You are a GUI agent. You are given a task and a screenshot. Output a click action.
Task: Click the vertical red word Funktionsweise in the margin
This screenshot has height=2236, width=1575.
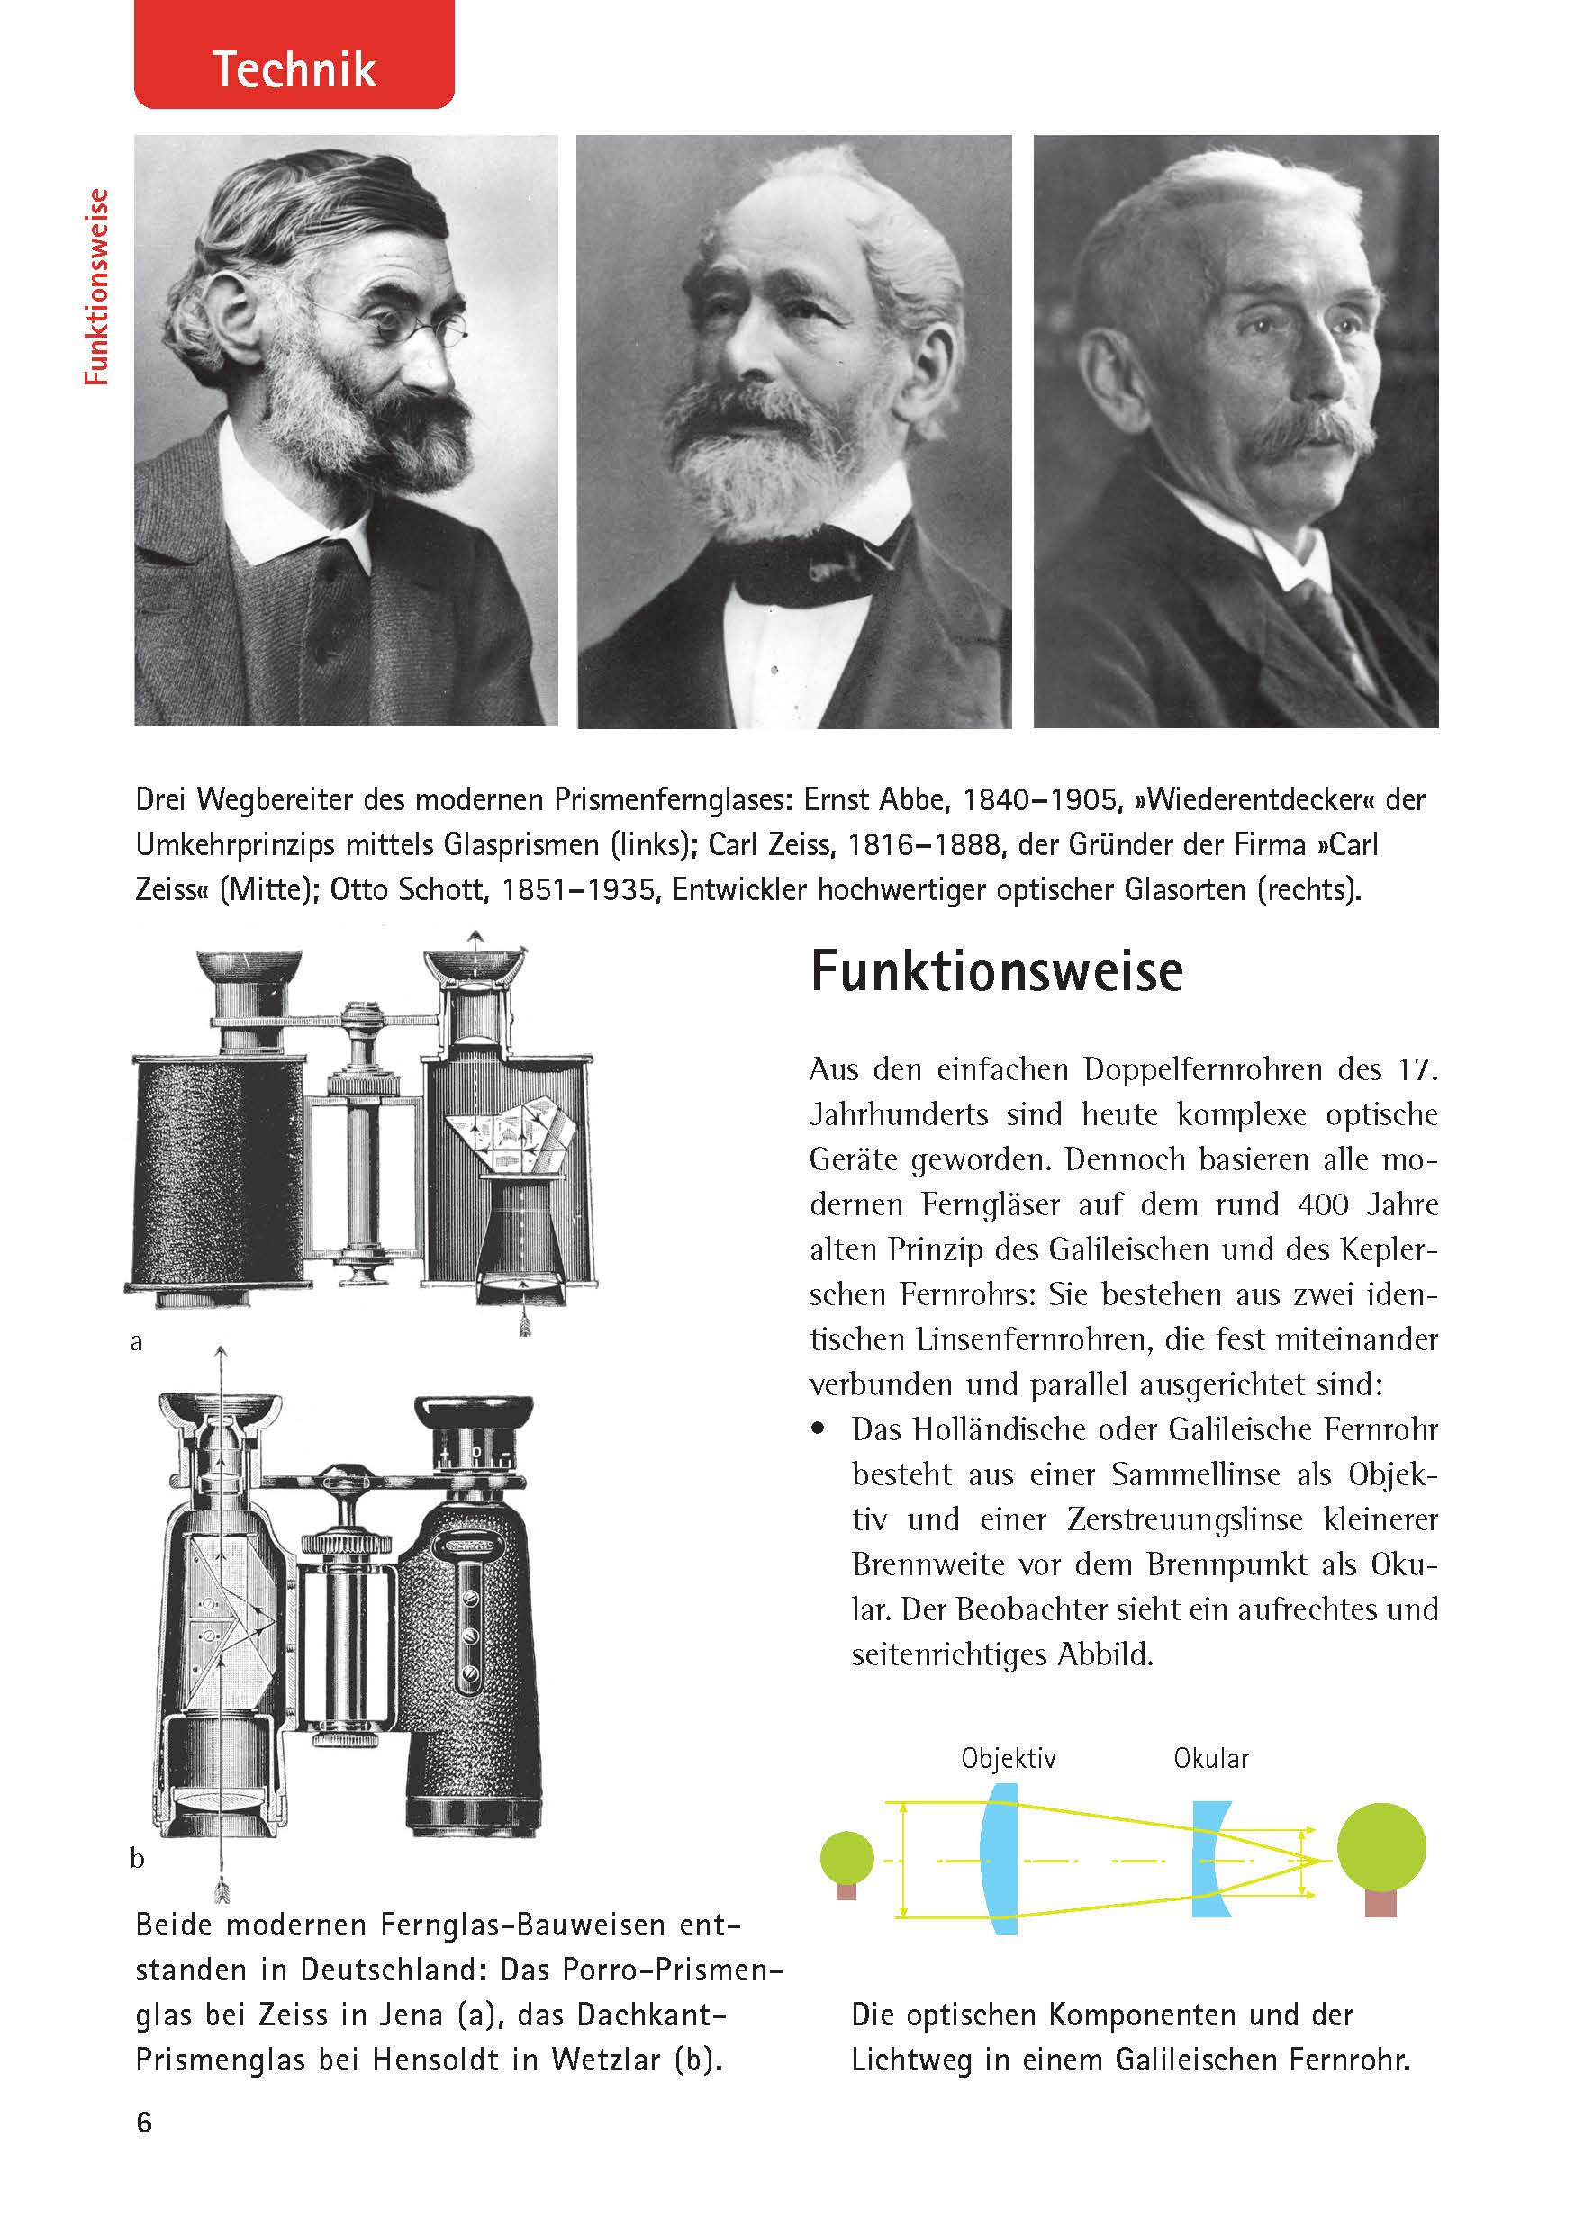96,287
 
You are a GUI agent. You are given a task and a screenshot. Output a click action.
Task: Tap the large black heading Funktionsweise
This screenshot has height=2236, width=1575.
995,971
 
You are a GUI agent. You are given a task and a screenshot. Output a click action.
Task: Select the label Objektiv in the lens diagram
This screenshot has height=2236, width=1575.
1007,1758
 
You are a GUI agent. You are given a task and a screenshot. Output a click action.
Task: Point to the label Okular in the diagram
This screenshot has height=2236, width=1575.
1210,1758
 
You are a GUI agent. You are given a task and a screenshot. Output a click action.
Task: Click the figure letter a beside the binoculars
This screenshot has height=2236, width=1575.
136,1342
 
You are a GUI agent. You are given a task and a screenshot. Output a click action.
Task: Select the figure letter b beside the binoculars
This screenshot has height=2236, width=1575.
138,1858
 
